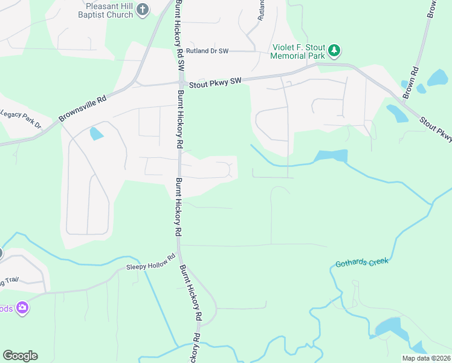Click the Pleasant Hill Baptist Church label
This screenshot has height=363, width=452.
click(x=106, y=10)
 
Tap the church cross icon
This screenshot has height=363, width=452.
click(x=143, y=9)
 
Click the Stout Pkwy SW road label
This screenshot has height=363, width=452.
click(x=215, y=80)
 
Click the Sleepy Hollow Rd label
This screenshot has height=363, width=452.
click(x=151, y=266)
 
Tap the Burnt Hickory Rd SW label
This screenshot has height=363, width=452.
click(x=180, y=36)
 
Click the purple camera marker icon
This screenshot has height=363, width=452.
click(x=22, y=309)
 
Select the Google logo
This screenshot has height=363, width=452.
click(x=20, y=356)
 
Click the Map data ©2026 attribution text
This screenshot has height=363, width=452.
click(x=426, y=358)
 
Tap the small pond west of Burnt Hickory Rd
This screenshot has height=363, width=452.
click(x=95, y=133)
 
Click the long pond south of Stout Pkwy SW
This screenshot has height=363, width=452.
click(x=331, y=156)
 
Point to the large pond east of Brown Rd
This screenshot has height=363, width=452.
click(x=437, y=77)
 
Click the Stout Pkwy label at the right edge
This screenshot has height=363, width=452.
click(x=437, y=129)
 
